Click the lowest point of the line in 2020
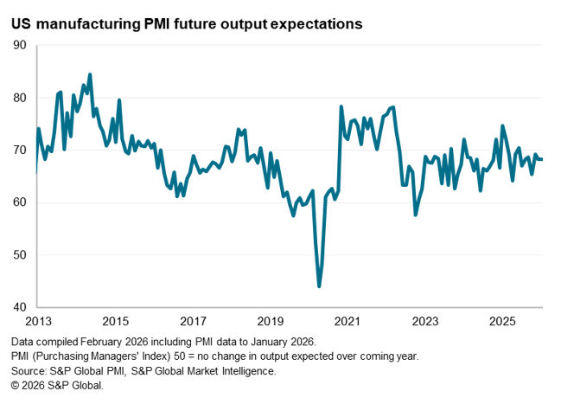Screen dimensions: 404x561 [x=319, y=285]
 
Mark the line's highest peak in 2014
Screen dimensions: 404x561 [x=91, y=74]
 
